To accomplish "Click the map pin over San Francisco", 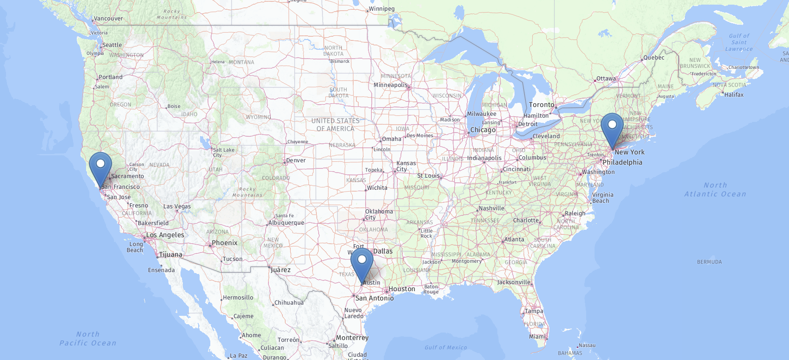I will pos(100,167).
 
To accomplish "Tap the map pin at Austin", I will pos(362,262).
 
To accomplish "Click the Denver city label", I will pos(296,160).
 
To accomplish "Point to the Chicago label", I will pos(483,130).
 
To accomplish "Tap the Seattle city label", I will pos(112,45).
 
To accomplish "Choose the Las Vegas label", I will pos(177,207).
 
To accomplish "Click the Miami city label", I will pos(537,337).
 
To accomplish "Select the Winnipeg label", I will pos(381,9).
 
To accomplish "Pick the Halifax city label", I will pos(734,95).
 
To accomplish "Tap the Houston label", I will pos(402,289).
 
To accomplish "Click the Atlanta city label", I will pos(514,240).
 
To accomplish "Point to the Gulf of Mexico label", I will pos(446,347).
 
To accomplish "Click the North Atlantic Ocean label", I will pos(715,190).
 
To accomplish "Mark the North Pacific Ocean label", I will pos(88,339).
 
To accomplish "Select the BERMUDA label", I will pos(709,262).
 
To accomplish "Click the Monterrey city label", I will pos(352,338).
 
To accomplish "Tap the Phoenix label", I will pos(225,243).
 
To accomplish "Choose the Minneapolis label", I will pos(390,85).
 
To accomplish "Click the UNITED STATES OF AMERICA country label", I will pos(335,125).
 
